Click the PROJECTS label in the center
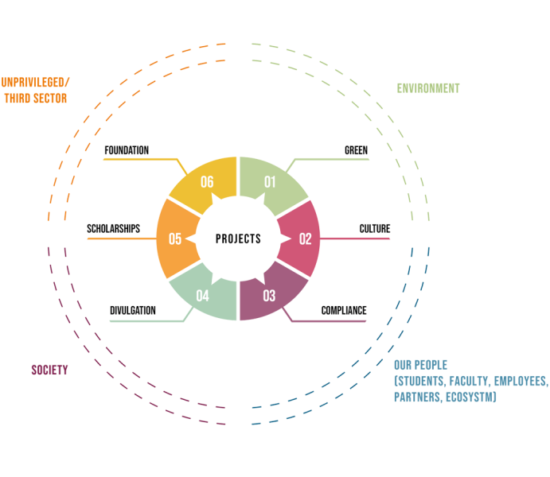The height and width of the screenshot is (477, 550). pos(238,238)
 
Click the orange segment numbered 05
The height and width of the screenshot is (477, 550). pos(176,238)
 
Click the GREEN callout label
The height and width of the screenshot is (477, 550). pos(356,150)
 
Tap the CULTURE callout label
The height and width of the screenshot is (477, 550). pos(374,229)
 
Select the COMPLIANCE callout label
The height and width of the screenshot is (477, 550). pos(343,310)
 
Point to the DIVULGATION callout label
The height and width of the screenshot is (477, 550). pos(132,310)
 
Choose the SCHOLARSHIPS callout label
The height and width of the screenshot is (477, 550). pos(113,229)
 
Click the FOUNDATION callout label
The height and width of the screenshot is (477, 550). pos(127,150)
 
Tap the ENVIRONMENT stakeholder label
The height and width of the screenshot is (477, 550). pos(428,88)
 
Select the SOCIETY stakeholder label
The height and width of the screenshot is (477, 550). pos(49,370)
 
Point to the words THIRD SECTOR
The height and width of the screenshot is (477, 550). pos(35,99)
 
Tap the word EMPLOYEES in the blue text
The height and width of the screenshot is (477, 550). pos(521,381)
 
